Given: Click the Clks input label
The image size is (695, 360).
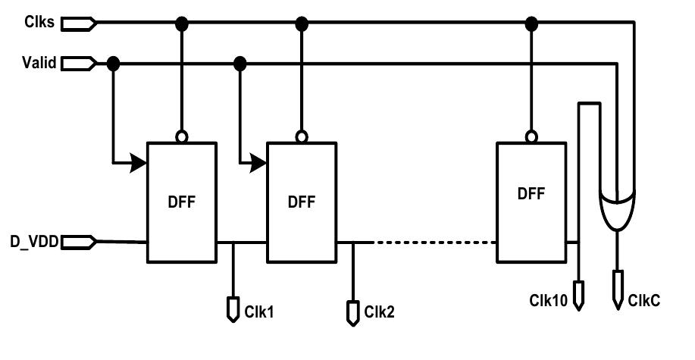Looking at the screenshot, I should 38,23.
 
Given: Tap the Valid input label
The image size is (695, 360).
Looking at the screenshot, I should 38,63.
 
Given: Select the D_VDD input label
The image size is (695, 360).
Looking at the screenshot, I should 31,242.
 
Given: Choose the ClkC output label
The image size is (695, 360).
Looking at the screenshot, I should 644,300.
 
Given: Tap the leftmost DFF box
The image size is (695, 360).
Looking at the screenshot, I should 182,201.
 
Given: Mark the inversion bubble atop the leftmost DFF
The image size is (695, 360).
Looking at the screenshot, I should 182,137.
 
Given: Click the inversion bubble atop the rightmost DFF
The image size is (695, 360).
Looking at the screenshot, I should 531,136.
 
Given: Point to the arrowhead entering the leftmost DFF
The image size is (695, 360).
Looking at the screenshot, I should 138,162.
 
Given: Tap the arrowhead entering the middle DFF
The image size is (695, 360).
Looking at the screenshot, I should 259,162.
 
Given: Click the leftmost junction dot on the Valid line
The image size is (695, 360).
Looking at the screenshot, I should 114,63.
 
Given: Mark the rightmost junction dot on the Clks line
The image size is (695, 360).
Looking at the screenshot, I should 531,23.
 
